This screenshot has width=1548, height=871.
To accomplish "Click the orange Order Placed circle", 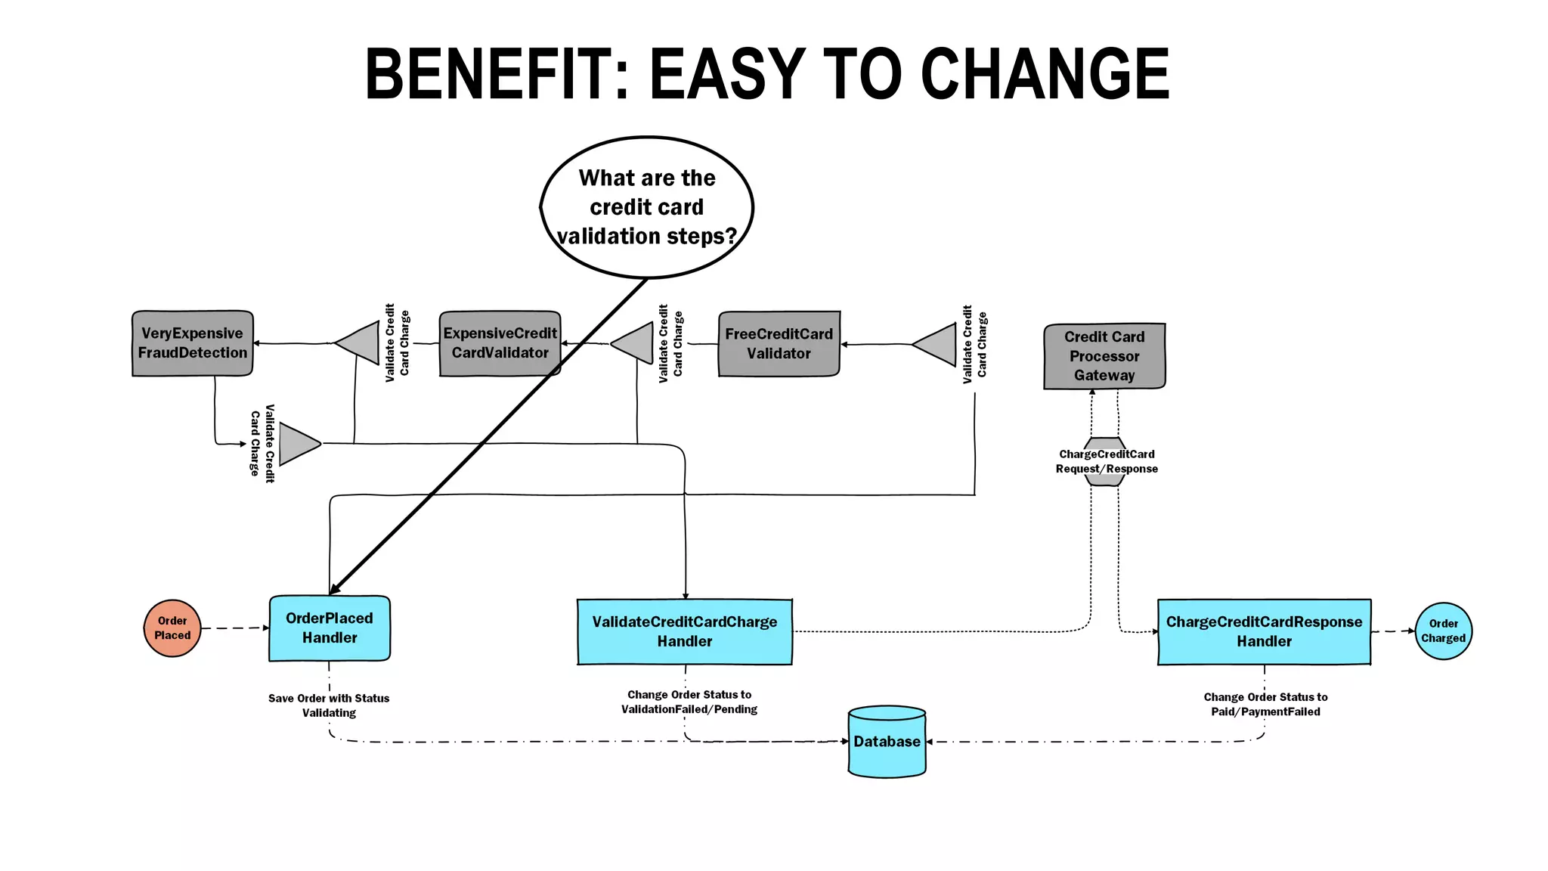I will pyautogui.click(x=172, y=628).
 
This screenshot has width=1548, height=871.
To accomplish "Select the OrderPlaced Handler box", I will pyautogui.click(x=330, y=628).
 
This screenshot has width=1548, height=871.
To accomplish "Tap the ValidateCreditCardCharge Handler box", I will pyautogui.click(x=685, y=632).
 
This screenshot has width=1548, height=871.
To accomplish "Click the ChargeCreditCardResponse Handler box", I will pyautogui.click(x=1264, y=632).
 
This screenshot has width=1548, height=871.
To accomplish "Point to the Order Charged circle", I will pyautogui.click(x=1443, y=631).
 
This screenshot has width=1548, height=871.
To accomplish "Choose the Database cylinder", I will pyautogui.click(x=887, y=742).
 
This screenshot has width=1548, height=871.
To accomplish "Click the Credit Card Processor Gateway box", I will pyautogui.click(x=1104, y=356).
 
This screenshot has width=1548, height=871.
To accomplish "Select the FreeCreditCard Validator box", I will pyautogui.click(x=779, y=344).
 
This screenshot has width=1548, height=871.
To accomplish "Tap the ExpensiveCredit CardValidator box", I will pyautogui.click(x=500, y=343).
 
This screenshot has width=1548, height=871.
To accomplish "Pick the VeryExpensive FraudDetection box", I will pyautogui.click(x=192, y=343).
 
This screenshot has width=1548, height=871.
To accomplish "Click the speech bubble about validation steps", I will pyautogui.click(x=647, y=207).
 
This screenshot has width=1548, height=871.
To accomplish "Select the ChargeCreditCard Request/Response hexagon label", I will pyautogui.click(x=1106, y=461).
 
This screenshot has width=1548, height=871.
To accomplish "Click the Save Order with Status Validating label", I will pyautogui.click(x=329, y=705).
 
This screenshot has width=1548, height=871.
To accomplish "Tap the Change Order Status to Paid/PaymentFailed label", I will pyautogui.click(x=1265, y=705).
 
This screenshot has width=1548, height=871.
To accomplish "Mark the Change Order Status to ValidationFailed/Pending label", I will pyautogui.click(x=689, y=702).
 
